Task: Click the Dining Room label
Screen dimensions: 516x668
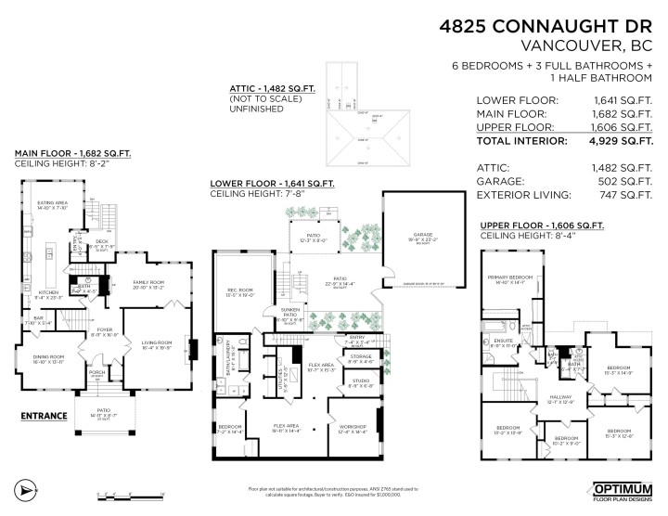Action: (47, 356)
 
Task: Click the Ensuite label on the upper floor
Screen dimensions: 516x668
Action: (505, 342)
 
